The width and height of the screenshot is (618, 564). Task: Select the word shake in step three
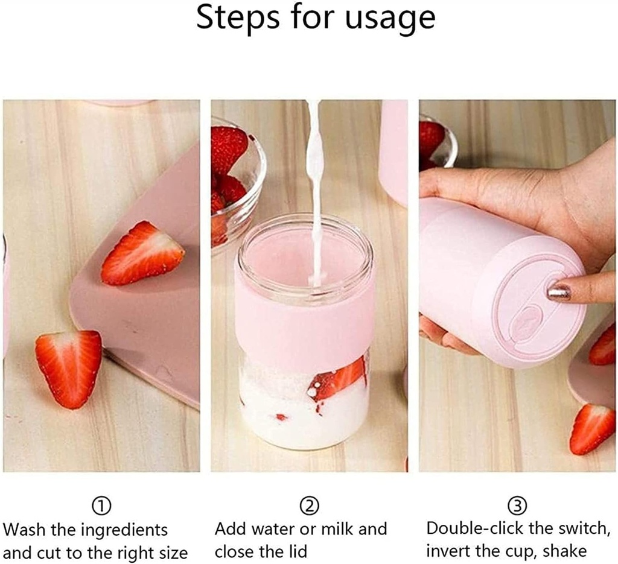pyautogui.click(x=562, y=551)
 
